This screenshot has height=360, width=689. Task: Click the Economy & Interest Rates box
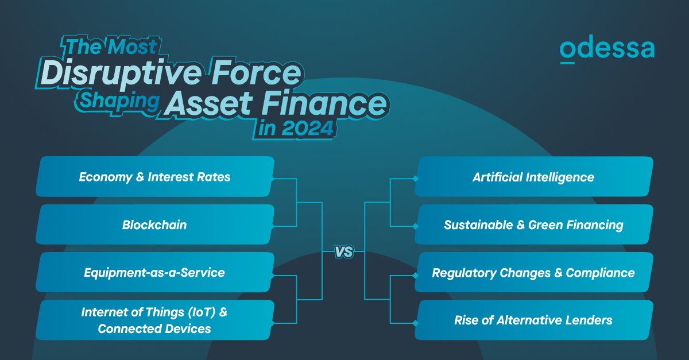click(x=154, y=177)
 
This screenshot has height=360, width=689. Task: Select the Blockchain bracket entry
click(x=154, y=224)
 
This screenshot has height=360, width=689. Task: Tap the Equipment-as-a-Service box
click(x=154, y=272)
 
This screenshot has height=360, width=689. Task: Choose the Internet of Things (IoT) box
click(x=154, y=320)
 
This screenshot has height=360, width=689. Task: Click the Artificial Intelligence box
click(x=533, y=177)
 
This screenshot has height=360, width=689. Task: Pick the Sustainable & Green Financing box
click(x=533, y=224)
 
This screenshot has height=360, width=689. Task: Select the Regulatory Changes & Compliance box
click(x=533, y=272)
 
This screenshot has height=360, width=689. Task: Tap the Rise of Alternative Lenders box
click(x=533, y=320)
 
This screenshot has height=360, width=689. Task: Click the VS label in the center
click(x=343, y=251)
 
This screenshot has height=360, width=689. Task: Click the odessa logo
click(x=607, y=50)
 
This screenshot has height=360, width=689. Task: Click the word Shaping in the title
click(x=119, y=100)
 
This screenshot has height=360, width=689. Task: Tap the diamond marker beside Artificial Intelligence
click(x=415, y=179)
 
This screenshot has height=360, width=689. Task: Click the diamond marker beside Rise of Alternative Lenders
click(x=415, y=323)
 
